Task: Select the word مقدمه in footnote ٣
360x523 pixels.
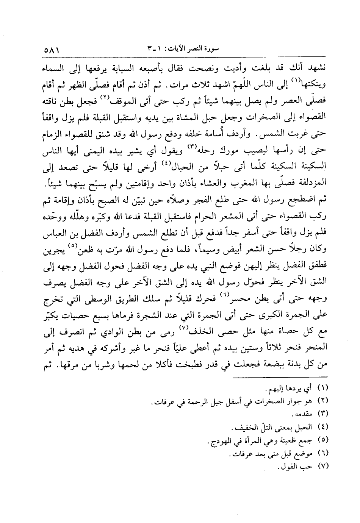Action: [x=300, y=414]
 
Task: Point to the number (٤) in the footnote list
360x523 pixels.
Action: [x=321, y=427]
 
